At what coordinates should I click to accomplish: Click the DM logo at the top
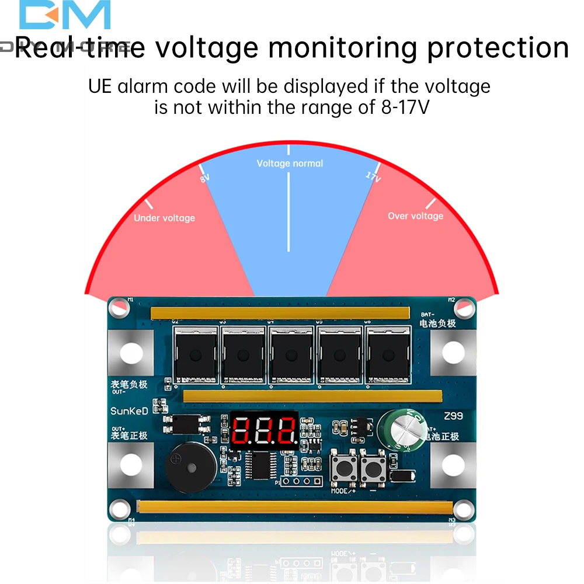(x=64, y=15)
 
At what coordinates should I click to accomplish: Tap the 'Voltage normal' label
(x=290, y=164)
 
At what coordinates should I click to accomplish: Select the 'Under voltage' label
(x=164, y=218)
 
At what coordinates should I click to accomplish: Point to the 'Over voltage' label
(x=415, y=216)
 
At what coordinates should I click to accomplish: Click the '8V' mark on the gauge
(x=204, y=178)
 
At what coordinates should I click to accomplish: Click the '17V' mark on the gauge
(x=373, y=176)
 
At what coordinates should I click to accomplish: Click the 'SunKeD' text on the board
(x=129, y=411)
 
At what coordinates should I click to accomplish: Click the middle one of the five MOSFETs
(x=290, y=354)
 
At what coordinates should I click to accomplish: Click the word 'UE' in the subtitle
(x=100, y=86)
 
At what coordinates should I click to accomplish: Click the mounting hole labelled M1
(x=119, y=307)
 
